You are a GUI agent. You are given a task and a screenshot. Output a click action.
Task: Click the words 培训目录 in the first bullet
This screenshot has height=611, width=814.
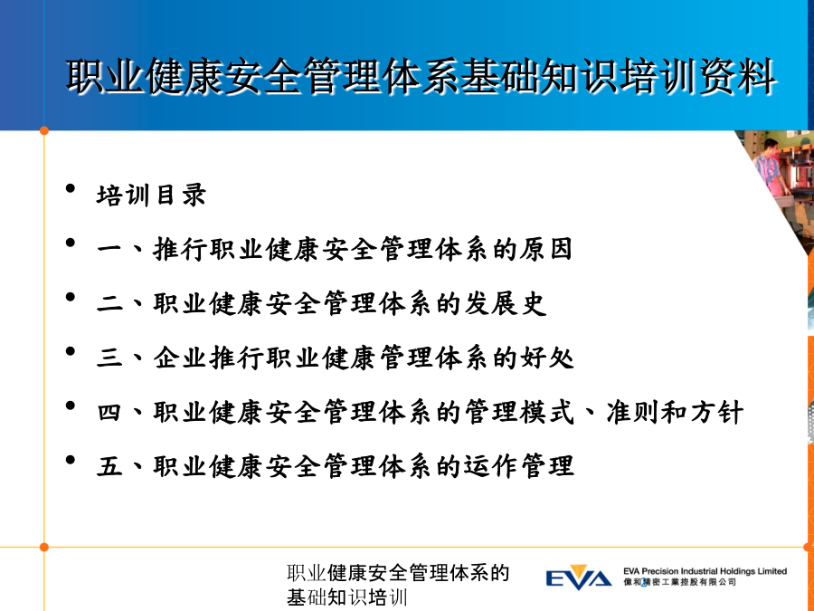point(151,196)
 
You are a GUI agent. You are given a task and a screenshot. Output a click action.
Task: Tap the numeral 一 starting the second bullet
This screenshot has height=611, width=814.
point(109,250)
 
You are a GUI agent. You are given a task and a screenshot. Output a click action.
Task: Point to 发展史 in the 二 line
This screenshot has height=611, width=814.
point(505,304)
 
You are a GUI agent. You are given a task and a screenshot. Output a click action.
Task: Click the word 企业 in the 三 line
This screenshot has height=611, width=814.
point(180,358)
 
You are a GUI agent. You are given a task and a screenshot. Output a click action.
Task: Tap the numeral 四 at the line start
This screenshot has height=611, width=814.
point(109,413)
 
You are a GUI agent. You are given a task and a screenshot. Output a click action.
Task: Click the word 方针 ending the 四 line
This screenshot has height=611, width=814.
point(717,413)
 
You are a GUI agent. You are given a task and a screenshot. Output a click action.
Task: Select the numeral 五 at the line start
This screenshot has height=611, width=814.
point(109,466)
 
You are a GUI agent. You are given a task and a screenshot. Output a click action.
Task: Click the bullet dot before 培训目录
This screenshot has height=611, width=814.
point(71,188)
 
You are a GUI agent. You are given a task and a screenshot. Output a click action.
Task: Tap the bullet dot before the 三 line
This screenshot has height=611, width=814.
point(71,351)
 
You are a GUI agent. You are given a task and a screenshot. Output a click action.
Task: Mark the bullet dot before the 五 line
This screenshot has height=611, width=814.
point(71,460)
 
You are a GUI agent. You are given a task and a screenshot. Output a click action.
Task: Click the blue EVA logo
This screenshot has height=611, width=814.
point(578,578)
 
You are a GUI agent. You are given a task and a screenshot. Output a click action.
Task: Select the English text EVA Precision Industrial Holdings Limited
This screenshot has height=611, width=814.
point(705,571)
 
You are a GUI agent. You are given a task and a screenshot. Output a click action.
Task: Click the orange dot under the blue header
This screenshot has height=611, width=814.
point(44,131)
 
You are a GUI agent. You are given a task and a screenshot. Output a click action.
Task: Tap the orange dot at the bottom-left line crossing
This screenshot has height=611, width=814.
point(44,547)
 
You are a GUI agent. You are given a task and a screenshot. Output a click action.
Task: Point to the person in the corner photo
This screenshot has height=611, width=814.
point(771,169)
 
